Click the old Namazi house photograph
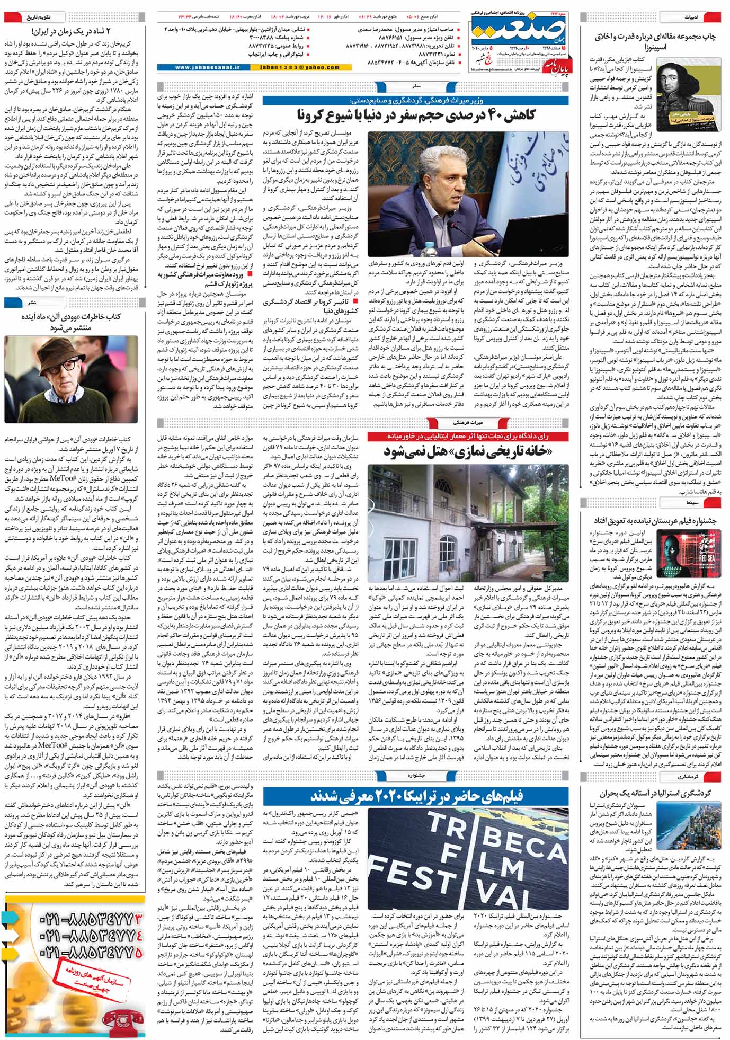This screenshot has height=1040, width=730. [x=468, y=514]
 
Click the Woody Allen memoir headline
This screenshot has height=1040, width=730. [x=73, y=322]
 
